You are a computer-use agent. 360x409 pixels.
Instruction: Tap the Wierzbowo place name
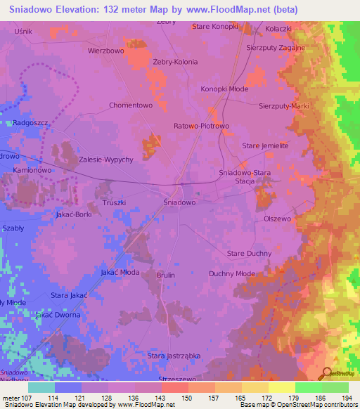[106, 51]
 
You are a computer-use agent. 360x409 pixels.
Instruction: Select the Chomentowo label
[131, 105]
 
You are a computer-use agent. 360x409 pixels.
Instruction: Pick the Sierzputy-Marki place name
[284, 105]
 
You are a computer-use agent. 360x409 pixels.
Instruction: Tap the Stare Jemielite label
[265, 145]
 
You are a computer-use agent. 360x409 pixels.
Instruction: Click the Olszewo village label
[277, 219]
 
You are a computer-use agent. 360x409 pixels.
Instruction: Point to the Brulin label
[165, 275]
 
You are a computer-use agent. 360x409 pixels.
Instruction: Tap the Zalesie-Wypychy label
[106, 160]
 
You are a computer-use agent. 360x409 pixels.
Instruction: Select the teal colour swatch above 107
[41, 387]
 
